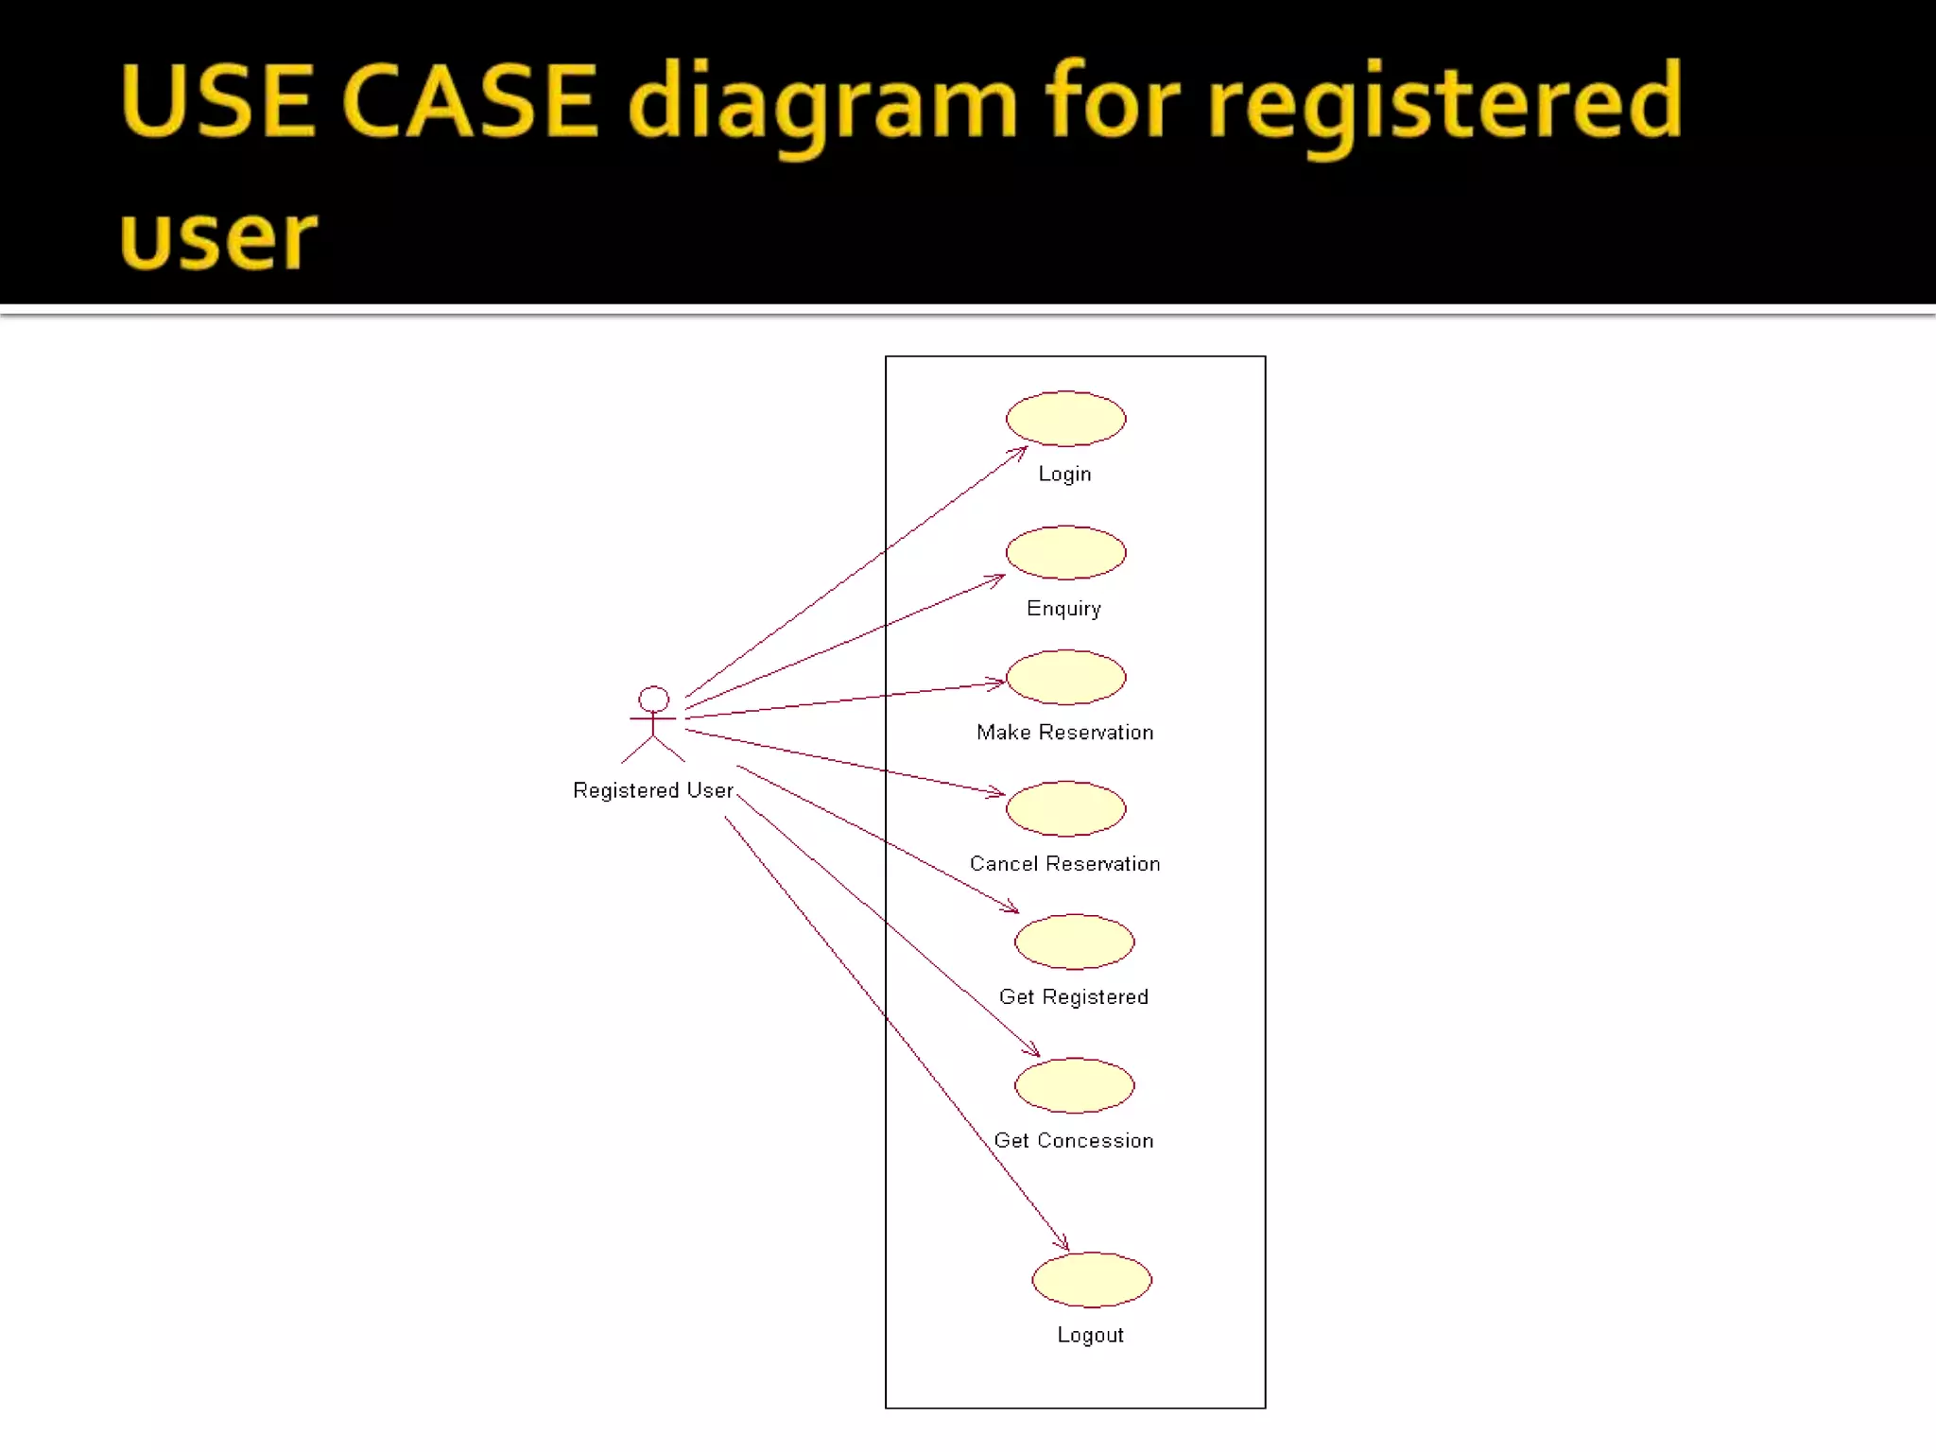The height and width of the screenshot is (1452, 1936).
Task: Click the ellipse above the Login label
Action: coord(1065,419)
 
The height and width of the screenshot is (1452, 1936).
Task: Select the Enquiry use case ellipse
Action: coord(1065,552)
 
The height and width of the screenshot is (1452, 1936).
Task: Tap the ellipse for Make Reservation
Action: coord(1065,677)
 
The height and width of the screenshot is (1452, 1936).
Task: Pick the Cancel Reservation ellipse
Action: coord(1065,808)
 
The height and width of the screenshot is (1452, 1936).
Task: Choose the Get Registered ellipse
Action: coord(1074,942)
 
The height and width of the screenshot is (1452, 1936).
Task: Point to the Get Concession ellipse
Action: coord(1074,1085)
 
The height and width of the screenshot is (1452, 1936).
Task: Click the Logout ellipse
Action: coord(1091,1280)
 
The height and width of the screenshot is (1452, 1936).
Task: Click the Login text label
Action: coord(1064,475)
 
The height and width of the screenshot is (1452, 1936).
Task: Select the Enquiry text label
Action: coord(1063,609)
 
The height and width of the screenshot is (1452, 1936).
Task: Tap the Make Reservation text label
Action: coord(1064,733)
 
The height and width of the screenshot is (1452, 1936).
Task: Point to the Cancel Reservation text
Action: coord(1064,864)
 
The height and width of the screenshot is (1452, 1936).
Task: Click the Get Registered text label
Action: coord(1073,997)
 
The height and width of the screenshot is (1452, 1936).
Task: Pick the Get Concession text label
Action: coord(1073,1141)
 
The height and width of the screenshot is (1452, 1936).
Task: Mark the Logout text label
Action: coord(1090,1336)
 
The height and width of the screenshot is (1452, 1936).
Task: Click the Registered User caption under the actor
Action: coord(652,790)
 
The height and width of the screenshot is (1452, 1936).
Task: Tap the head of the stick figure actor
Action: coord(653,700)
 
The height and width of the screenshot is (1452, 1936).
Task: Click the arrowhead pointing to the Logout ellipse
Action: coord(1063,1243)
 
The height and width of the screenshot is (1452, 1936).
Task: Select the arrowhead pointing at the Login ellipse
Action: coord(1020,453)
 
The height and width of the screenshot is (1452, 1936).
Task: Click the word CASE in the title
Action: coord(469,100)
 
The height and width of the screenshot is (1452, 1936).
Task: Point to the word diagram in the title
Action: coord(822,104)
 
